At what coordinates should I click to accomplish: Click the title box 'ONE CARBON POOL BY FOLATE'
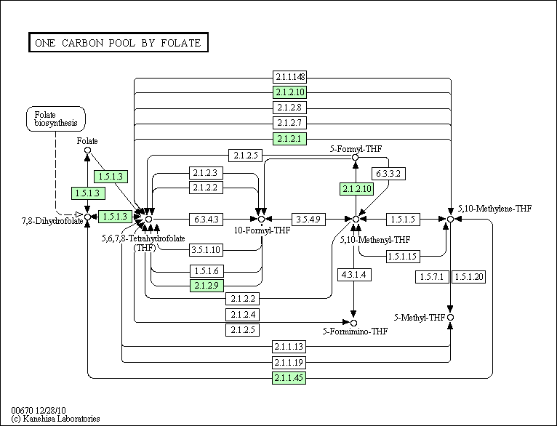tap(119, 43)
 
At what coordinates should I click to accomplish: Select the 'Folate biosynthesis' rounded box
tap(55, 118)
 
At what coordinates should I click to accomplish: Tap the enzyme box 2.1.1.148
tap(289, 77)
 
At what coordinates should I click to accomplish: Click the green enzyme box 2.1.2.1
tap(289, 138)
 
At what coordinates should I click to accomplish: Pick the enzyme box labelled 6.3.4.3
tap(207, 219)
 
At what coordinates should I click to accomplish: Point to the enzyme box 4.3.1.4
tap(354, 274)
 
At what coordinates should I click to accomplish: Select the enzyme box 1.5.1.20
tap(468, 277)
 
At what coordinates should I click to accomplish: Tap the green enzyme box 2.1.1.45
tap(289, 378)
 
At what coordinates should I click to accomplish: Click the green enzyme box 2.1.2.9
tap(207, 286)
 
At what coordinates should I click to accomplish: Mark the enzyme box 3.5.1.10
tap(207, 251)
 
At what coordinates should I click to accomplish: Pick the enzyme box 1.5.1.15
tap(402, 256)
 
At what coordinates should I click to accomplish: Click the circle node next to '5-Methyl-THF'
tap(451, 318)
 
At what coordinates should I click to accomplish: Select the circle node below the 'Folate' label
tap(87, 151)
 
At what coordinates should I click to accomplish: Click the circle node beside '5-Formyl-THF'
tap(356, 157)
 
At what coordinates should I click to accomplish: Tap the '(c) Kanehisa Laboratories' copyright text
tap(55, 419)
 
